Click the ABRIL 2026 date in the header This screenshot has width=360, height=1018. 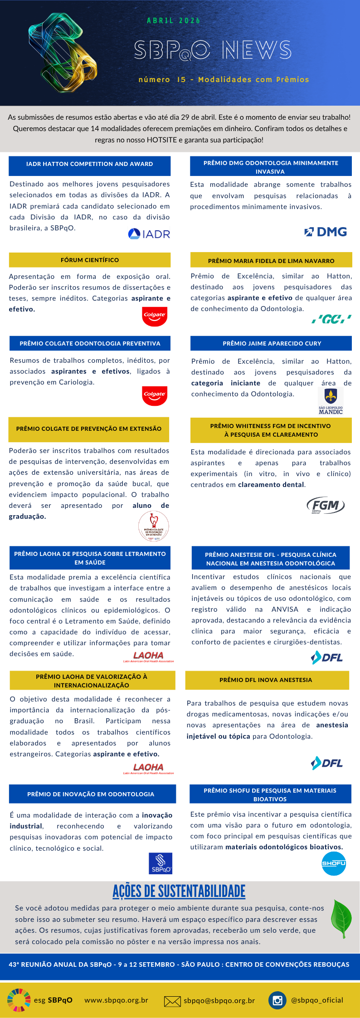pyautogui.click(x=174, y=21)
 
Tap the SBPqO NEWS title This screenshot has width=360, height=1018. pyautogui.click(x=212, y=50)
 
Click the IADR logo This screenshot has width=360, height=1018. pyautogui.click(x=149, y=234)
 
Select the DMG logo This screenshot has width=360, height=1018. pyautogui.click(x=326, y=232)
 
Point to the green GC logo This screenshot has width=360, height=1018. pyautogui.click(x=331, y=319)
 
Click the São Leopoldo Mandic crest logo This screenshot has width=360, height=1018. pyautogui.click(x=331, y=401)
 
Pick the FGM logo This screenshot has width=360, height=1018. pyautogui.click(x=325, y=505)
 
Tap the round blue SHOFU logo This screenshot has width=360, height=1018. pyautogui.click(x=334, y=863)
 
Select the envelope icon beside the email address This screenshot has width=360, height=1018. pyautogui.click(x=172, y=1001)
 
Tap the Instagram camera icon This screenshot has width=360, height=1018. pyautogui.click(x=277, y=1001)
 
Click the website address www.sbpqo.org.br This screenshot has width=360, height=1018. pyautogui.click(x=116, y=1000)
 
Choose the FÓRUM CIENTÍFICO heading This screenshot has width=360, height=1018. pyautogui.click(x=90, y=260)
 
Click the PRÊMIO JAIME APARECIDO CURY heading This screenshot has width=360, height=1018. pyautogui.click(x=272, y=343)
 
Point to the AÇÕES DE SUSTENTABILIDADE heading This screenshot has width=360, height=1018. pyautogui.click(x=179, y=891)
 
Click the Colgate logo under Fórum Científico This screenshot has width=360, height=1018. pyautogui.click(x=155, y=316)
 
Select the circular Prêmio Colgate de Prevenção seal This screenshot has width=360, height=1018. pyautogui.click(x=154, y=526)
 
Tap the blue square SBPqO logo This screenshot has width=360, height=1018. pyautogui.click(x=161, y=863)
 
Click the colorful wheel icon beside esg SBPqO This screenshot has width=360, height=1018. pyautogui.click(x=19, y=1000)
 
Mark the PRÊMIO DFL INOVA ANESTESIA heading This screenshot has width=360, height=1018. pyautogui.click(x=266, y=680)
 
